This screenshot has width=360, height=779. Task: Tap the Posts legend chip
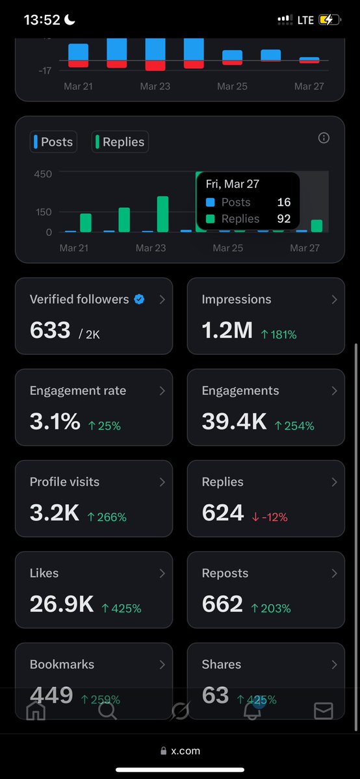[x=53, y=142]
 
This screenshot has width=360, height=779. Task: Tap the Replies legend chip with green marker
[x=120, y=142]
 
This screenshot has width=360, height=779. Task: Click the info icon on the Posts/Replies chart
[x=324, y=138]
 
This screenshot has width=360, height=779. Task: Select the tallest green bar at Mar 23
[x=162, y=214]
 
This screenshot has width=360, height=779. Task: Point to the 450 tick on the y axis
[x=43, y=174]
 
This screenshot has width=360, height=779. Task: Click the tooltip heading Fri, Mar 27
[x=232, y=185]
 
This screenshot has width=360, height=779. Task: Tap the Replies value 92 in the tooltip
[x=283, y=219]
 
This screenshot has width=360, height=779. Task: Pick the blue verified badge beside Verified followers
[x=139, y=300]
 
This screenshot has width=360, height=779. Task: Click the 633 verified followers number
[x=50, y=330]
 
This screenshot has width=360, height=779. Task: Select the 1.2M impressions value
[x=227, y=330]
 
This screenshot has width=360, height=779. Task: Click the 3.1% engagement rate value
[x=55, y=422]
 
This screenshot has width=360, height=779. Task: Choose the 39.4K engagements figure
[x=234, y=422]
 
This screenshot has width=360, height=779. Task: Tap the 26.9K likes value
[x=62, y=604]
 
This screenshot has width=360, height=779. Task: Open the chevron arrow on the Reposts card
[x=334, y=574]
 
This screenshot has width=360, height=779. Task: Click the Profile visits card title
[x=64, y=482]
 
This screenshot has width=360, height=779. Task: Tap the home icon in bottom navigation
[x=36, y=711]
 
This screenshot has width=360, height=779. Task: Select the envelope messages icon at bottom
[x=323, y=711]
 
